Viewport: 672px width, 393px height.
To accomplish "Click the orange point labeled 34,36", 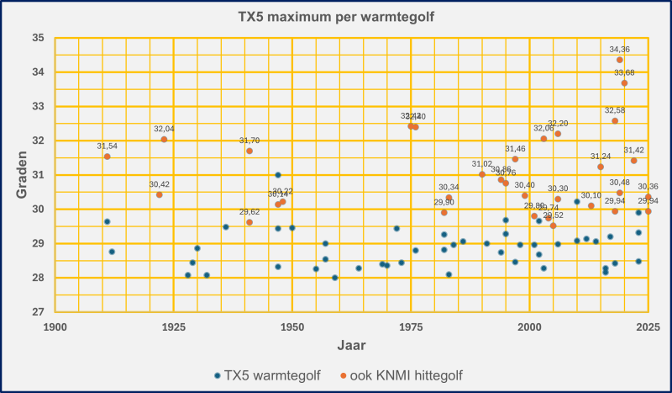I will (x=620, y=60).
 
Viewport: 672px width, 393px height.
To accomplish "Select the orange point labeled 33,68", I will (x=624, y=83).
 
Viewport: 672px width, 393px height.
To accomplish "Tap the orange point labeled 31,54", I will (x=107, y=157).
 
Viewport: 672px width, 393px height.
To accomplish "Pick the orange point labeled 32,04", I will (x=164, y=139).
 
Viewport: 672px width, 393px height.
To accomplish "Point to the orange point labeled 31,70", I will (x=249, y=151).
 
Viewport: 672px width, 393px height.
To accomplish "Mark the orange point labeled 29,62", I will (x=249, y=222).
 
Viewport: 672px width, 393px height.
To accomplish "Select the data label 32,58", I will (x=615, y=110).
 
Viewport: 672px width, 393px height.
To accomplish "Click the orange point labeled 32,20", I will (x=558, y=134).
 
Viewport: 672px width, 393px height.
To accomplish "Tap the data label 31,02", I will (x=482, y=164).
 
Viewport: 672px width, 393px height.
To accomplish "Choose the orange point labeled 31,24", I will (x=601, y=167).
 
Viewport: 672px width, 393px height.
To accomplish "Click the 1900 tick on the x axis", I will (x=55, y=326).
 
